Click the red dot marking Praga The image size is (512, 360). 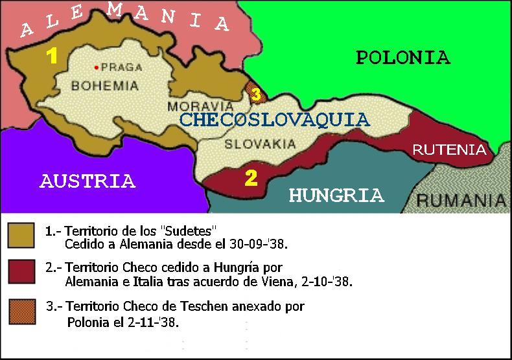point(97,67)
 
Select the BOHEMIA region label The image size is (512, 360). point(105,85)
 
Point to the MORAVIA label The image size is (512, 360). point(191,106)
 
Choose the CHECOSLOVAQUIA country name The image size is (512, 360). point(274,120)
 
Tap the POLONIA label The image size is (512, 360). point(402,58)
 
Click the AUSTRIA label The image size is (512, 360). point(87,181)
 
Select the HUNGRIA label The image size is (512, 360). point(336,195)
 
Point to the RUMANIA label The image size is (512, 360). point(461,200)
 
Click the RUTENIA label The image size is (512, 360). point(449,150)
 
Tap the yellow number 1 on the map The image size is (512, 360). point(52,57)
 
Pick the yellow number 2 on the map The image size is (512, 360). point(251,178)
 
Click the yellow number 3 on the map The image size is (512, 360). point(256,95)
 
